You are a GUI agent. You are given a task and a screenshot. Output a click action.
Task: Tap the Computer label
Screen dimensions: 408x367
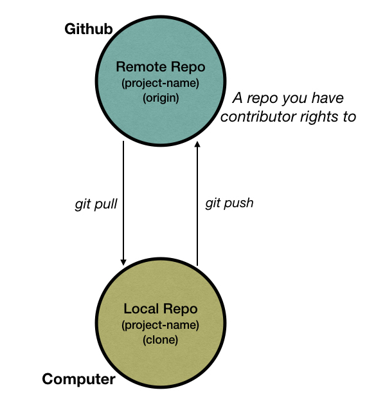pos(78,379)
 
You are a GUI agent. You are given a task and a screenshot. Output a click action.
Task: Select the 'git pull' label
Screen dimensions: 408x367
pos(96,205)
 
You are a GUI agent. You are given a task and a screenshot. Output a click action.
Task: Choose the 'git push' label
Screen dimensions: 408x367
pos(229,203)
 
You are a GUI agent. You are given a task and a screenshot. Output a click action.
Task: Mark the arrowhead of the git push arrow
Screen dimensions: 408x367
pos(197,145)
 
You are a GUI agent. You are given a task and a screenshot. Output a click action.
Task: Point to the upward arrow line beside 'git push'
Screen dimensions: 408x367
pos(197,206)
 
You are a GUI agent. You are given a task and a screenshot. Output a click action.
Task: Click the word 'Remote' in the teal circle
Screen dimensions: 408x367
pos(135,66)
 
